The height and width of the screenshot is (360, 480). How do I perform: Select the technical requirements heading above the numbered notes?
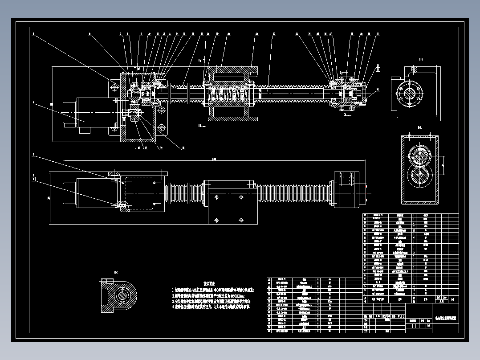click(x=209, y=284)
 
